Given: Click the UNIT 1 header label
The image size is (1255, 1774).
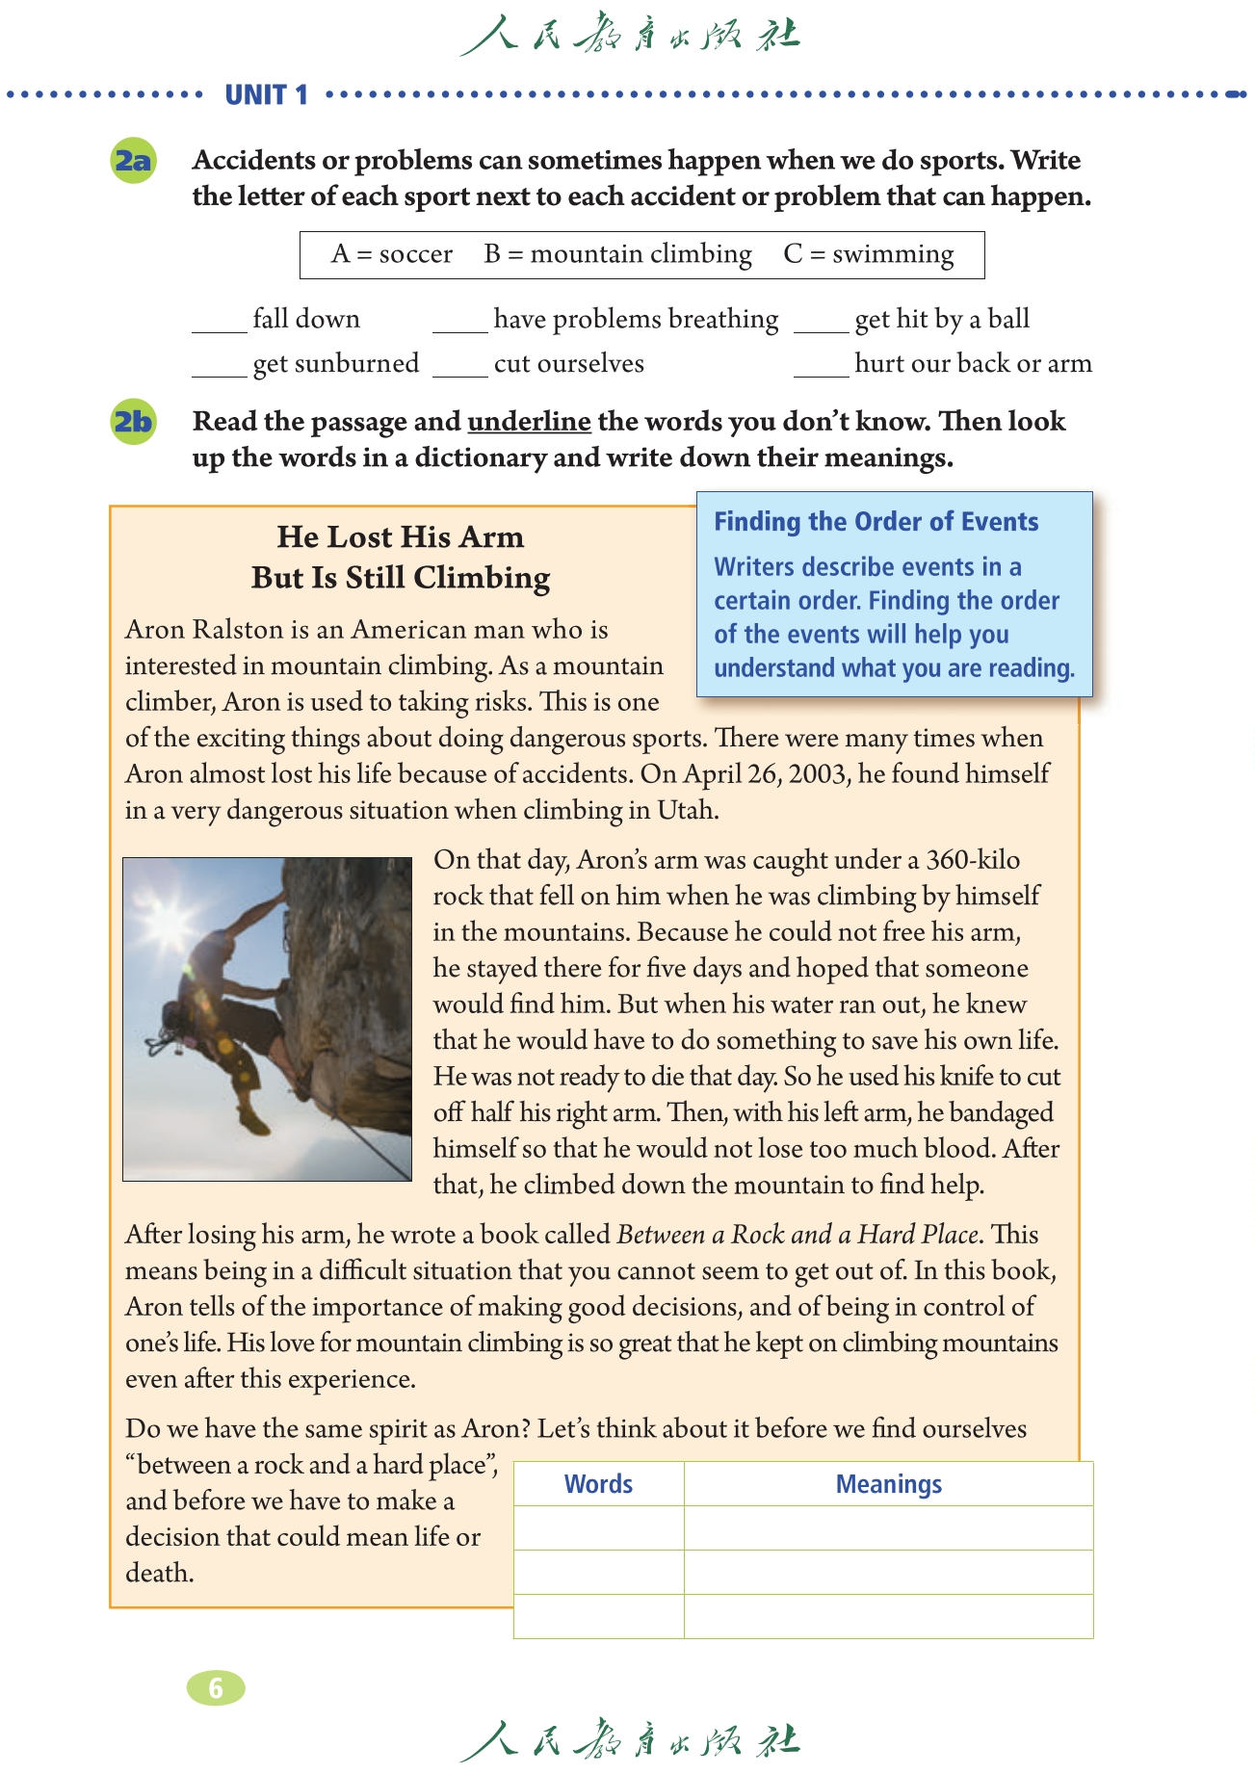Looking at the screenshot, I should tap(266, 94).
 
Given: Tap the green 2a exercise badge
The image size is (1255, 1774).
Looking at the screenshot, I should tap(134, 160).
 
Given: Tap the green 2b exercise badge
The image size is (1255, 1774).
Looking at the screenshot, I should tap(134, 422).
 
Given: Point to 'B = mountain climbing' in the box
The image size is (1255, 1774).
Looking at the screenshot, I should tap(617, 254).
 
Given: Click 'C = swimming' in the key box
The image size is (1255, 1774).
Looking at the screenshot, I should tap(868, 254).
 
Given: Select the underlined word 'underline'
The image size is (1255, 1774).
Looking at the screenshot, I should tap(529, 422).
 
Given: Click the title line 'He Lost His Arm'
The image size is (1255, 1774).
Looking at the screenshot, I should tap(401, 536).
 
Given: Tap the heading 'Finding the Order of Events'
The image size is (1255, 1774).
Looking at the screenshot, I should tap(876, 522).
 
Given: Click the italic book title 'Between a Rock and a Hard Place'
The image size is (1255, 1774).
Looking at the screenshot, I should tap(798, 1235).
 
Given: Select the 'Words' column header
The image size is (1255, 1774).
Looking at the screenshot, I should tap(598, 1484).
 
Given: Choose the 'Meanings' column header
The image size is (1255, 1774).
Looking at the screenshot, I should tap(888, 1484).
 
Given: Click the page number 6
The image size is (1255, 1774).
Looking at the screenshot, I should tap(216, 1687).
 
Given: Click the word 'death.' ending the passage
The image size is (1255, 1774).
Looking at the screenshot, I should tap(160, 1573).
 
